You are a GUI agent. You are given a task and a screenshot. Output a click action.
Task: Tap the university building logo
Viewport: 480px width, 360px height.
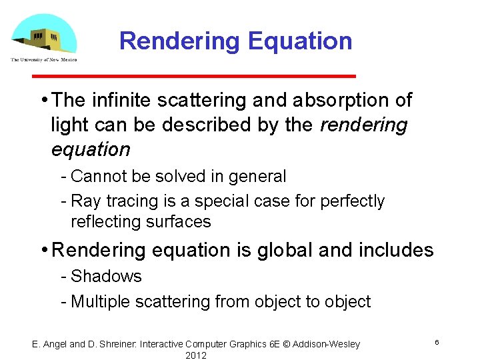tap(44, 35)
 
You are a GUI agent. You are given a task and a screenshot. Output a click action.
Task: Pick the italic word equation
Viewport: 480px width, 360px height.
tap(90, 149)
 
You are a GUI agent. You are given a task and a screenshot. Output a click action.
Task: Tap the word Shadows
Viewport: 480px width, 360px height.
tap(106, 277)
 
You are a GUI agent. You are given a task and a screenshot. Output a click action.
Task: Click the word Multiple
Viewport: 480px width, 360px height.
tap(101, 302)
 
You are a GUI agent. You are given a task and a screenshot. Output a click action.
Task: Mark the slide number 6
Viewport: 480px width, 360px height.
tap(437, 342)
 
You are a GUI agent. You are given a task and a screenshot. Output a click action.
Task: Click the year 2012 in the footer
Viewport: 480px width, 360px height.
tap(196, 355)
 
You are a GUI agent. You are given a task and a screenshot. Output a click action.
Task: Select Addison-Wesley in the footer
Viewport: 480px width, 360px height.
tap(326, 344)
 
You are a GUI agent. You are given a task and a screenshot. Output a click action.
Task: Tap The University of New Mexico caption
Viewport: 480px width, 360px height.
tap(44, 59)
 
